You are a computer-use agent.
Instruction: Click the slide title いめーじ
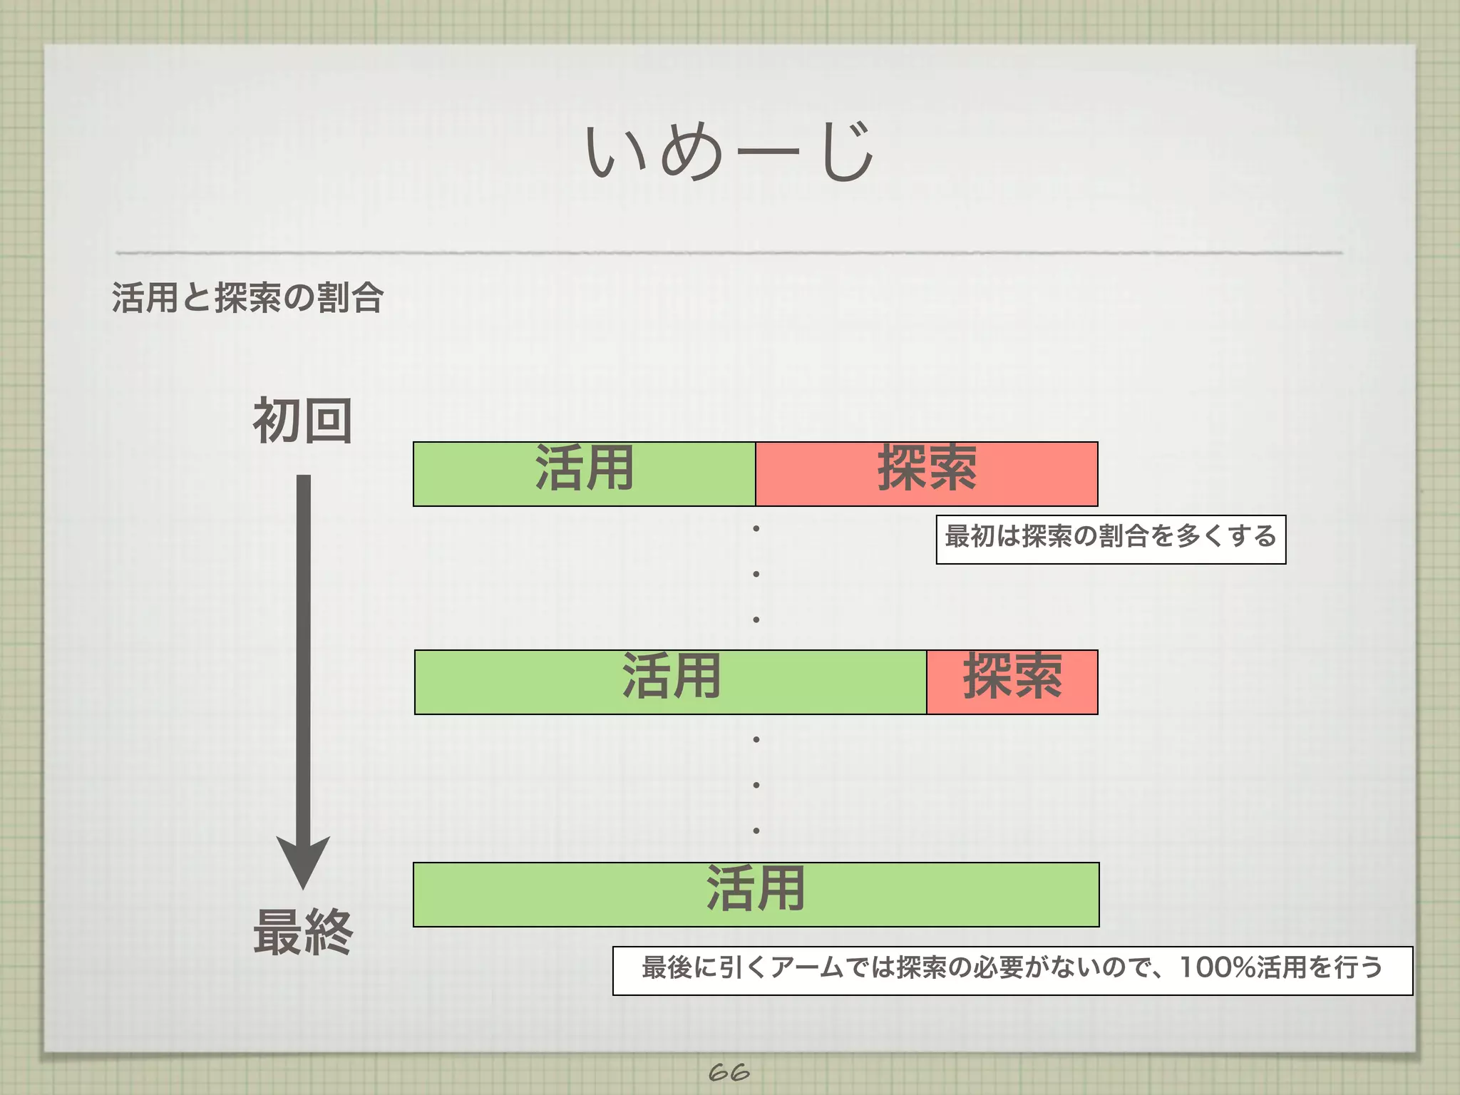click(x=729, y=151)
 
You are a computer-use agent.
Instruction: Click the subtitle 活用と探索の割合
click(x=248, y=297)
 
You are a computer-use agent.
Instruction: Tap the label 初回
click(x=303, y=421)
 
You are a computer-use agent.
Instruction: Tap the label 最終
click(x=303, y=932)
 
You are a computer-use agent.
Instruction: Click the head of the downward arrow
click(x=303, y=859)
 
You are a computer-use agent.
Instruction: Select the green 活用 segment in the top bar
click(x=499, y=485)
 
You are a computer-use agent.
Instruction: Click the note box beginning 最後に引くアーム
click(x=1012, y=970)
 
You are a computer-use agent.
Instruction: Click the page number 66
click(x=729, y=1071)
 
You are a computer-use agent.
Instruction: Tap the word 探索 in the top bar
click(x=927, y=467)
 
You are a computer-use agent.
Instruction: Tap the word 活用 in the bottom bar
click(x=756, y=888)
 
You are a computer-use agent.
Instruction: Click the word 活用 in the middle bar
click(x=671, y=675)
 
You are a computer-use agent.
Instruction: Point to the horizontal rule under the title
click(x=729, y=252)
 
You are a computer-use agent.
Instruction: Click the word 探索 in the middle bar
click(x=1012, y=675)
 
